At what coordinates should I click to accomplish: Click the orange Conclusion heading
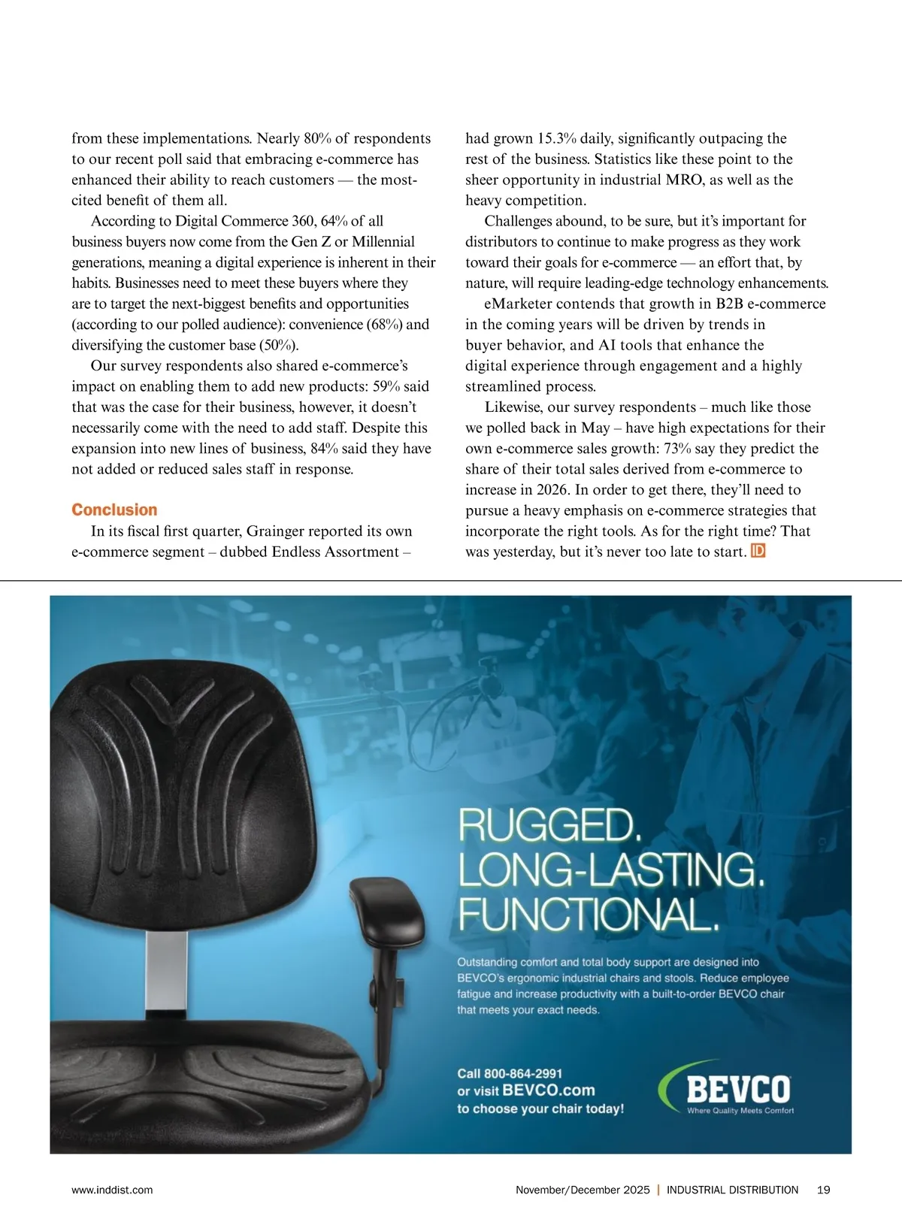point(114,510)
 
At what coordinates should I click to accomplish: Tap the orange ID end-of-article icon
point(758,551)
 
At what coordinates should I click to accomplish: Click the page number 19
point(823,1190)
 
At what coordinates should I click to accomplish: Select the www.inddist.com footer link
point(112,1190)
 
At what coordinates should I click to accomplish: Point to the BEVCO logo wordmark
point(737,1088)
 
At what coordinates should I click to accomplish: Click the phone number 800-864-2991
point(523,1073)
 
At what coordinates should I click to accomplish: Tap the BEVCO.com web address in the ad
point(548,1090)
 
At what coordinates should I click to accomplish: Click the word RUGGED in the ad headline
point(549,825)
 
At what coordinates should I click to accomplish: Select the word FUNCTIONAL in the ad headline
point(588,913)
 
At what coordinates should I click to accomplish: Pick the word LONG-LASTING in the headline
point(610,870)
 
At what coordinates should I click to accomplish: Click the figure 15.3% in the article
point(557,138)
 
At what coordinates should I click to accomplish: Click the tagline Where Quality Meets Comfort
point(740,1111)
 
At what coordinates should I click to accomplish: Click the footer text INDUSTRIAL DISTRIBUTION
point(732,1190)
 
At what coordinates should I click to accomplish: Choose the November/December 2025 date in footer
point(583,1190)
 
